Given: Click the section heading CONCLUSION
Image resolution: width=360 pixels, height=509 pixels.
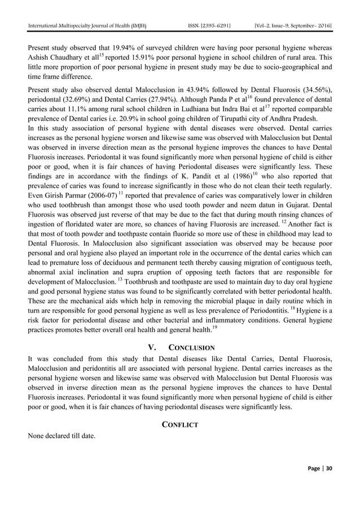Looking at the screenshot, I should coord(191,348).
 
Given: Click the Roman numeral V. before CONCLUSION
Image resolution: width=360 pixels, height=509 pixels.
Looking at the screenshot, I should coord(151,348).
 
